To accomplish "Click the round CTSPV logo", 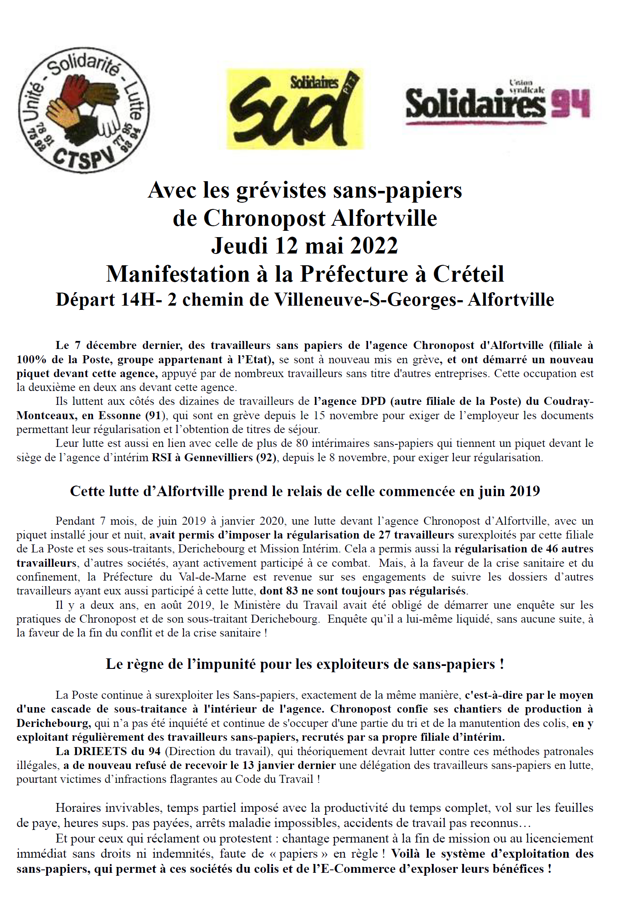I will [83, 110].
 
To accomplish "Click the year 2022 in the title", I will [374, 246].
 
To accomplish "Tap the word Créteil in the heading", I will [468, 274].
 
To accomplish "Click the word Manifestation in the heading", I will [178, 274].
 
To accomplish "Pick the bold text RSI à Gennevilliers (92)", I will [214, 457].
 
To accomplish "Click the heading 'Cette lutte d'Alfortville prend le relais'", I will [305, 491].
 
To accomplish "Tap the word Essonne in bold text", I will [119, 415].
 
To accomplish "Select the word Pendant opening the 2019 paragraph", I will [75, 521].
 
